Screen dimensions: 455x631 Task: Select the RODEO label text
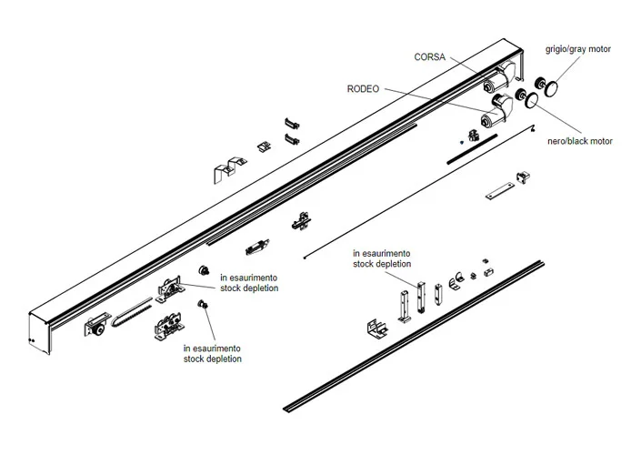[x=364, y=89]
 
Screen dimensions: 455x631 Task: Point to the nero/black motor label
[x=580, y=141]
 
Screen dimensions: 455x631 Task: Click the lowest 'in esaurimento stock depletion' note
[x=212, y=353]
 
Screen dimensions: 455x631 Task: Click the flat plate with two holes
[x=499, y=194]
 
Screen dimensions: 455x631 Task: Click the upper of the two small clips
[x=291, y=122]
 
